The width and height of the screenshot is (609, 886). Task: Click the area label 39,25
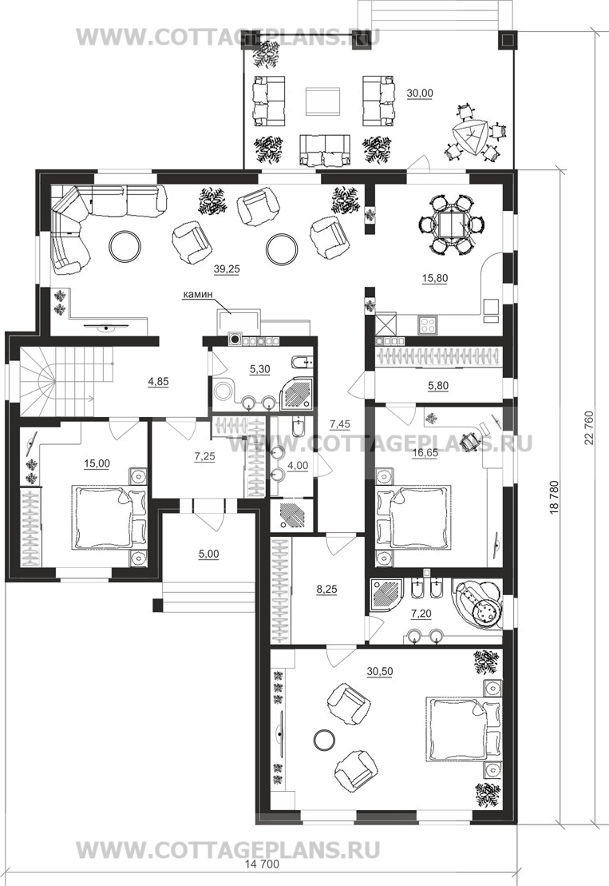coord(227,269)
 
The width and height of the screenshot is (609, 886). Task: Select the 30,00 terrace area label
coord(420,93)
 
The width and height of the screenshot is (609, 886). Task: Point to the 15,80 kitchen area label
coord(434,278)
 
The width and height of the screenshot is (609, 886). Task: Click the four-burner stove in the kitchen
coord(427,325)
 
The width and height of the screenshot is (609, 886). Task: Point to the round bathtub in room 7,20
coord(477,604)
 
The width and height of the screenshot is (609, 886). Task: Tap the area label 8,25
coord(326,590)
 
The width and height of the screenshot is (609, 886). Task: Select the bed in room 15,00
coord(109,517)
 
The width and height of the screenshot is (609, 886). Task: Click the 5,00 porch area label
coord(209,555)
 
